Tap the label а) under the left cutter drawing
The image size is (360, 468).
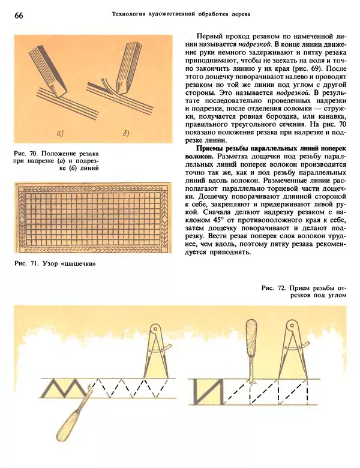[60, 133]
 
